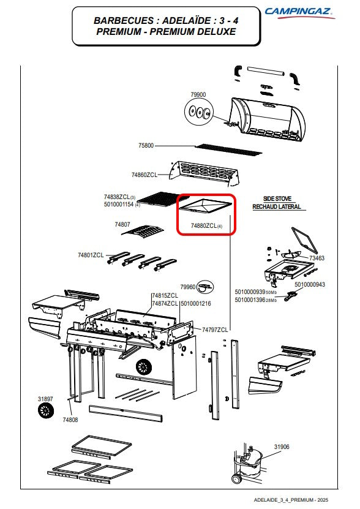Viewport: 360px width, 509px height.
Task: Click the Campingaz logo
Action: pyautogui.click(x=299, y=13)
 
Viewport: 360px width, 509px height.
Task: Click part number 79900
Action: pyautogui.click(x=198, y=94)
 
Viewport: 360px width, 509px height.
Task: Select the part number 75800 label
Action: pyautogui.click(x=146, y=145)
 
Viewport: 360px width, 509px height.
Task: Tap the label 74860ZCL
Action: pyautogui.click(x=144, y=175)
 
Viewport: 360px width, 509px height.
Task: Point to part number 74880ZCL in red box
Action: pyautogui.click(x=203, y=225)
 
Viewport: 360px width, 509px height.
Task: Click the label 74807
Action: pyautogui.click(x=122, y=224)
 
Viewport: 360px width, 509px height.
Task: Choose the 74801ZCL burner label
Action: pyautogui.click(x=91, y=255)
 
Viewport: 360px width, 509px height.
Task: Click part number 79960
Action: pyautogui.click(x=188, y=287)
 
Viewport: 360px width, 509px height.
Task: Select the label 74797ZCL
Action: pyautogui.click(x=215, y=330)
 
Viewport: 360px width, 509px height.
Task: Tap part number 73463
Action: pyautogui.click(x=317, y=258)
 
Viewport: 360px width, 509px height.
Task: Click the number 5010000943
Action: pyautogui.click(x=310, y=284)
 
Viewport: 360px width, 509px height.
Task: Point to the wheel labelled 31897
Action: pyautogui.click(x=45, y=411)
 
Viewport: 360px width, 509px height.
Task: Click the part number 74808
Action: pyautogui.click(x=70, y=420)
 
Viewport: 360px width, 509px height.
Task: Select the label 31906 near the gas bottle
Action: pyautogui.click(x=282, y=447)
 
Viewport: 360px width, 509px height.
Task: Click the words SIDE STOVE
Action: pyautogui.click(x=277, y=198)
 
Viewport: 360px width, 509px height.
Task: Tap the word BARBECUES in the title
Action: pyautogui.click(x=124, y=21)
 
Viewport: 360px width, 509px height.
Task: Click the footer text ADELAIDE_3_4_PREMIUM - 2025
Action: pyautogui.click(x=291, y=500)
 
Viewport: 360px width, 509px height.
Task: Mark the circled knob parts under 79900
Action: pyautogui.click(x=199, y=112)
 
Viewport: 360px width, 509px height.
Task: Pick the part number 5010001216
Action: pyautogui.click(x=196, y=304)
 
